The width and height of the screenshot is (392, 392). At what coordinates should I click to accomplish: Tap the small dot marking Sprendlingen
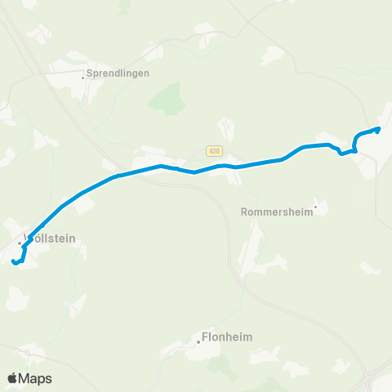coord(83,78)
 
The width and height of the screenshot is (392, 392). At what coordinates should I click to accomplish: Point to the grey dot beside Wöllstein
coord(20,243)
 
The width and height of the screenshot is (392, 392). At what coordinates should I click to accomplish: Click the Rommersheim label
coord(278,211)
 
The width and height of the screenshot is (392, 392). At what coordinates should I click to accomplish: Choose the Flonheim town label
coord(226,336)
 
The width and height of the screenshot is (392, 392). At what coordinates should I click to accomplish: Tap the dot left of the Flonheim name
coord(198,343)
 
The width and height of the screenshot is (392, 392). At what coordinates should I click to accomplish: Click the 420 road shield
coord(214,150)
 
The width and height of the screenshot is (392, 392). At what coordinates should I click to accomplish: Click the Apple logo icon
coord(13,377)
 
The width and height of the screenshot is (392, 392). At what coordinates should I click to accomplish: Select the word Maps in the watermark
coord(36,378)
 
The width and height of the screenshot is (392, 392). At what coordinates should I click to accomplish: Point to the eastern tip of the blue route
coord(378,128)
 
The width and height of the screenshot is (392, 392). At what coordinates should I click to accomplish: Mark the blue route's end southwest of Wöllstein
coord(14,262)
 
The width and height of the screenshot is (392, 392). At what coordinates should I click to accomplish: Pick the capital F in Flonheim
coord(204,336)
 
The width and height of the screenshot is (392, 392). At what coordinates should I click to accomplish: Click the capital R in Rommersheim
coord(246,211)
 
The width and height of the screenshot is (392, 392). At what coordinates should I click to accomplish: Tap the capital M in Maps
coord(26,378)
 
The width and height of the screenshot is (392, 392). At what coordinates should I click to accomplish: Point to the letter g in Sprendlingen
coord(131,73)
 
